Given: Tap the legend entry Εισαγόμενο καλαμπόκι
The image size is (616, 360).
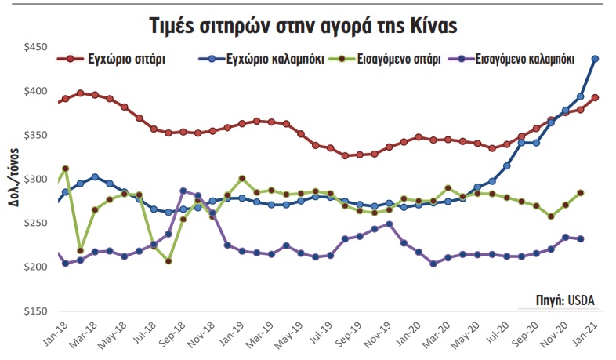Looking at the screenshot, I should [x=525, y=59].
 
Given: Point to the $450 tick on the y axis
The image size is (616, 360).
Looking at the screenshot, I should [x=35, y=48].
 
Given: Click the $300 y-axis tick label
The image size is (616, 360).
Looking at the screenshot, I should [x=35, y=180].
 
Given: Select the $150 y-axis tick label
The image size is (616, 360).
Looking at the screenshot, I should [x=35, y=311].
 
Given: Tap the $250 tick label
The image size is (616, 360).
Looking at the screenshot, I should [x=35, y=224].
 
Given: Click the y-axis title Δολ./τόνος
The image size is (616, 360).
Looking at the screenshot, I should [x=14, y=180].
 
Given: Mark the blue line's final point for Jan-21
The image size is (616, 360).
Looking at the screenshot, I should [x=596, y=59].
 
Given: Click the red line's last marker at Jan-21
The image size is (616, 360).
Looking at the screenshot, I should [x=596, y=98].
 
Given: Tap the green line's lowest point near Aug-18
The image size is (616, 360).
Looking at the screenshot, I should [x=168, y=261].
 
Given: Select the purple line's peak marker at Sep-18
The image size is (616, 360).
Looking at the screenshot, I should [x=183, y=191].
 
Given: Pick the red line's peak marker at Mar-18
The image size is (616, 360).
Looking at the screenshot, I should [x=81, y=93].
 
